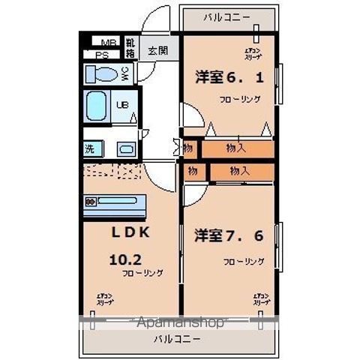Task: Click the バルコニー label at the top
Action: click(229, 16)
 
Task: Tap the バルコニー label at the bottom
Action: click(178, 339)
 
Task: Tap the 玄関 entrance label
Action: click(157, 51)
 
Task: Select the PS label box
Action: click(102, 54)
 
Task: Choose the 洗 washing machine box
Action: click(90, 148)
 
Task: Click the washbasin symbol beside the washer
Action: click(125, 148)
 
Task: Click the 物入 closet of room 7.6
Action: click(239, 172)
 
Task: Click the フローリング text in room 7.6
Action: click(243, 262)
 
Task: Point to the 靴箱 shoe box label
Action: click(130, 49)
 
